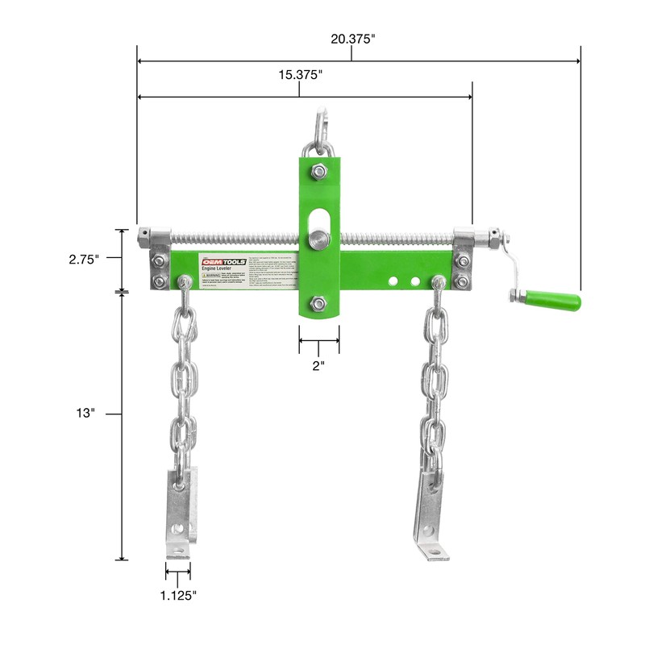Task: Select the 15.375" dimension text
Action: [300, 75]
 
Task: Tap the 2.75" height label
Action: [83, 259]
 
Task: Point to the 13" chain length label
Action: [86, 413]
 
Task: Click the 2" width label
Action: [318, 365]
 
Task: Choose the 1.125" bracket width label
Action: [177, 595]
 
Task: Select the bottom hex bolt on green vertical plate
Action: [318, 303]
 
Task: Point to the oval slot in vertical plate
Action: [319, 220]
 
